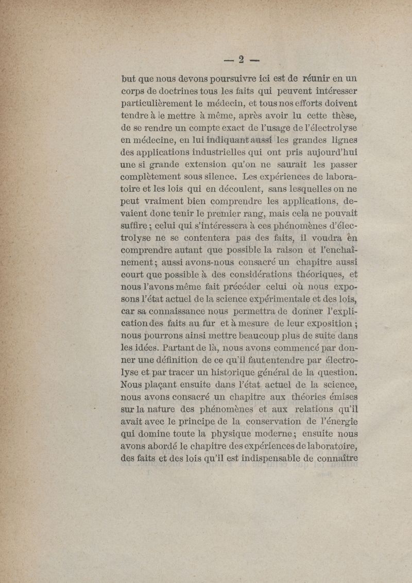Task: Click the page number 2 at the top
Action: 240,58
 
